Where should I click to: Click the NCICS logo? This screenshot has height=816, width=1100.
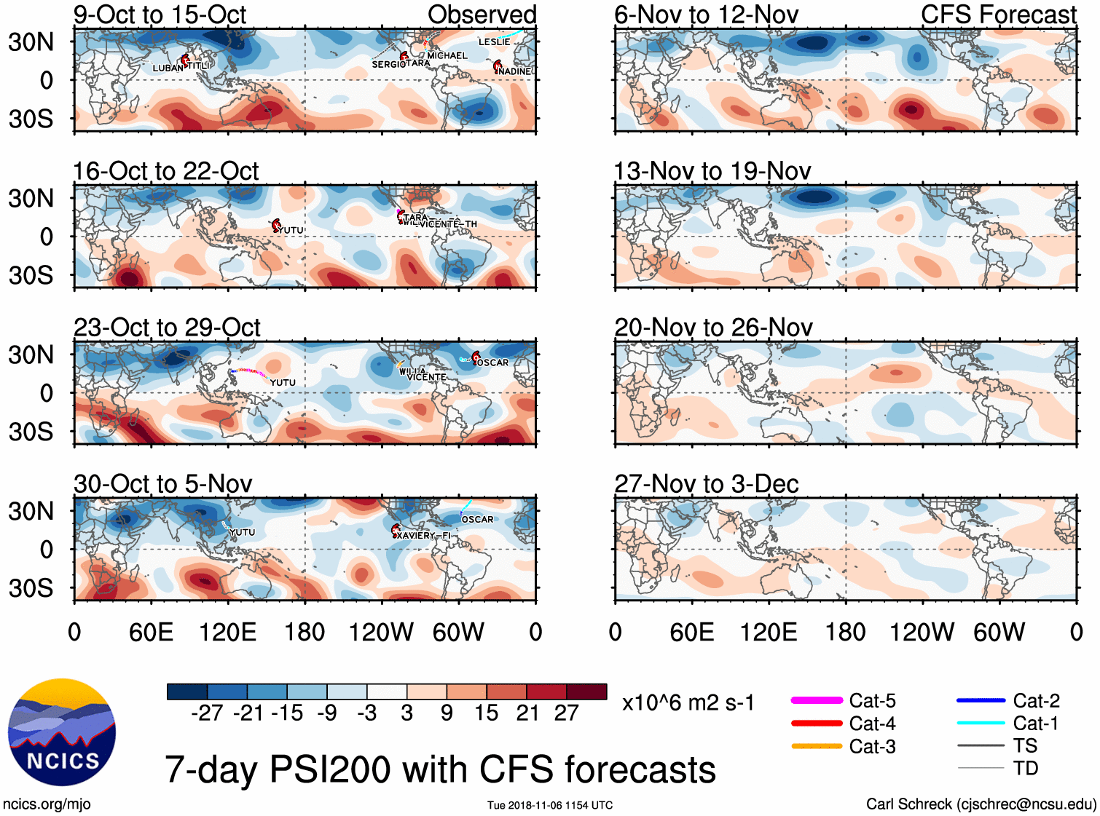coord(62,732)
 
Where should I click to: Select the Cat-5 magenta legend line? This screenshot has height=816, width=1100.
coord(817,700)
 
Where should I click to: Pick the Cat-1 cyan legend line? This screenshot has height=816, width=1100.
coord(981,723)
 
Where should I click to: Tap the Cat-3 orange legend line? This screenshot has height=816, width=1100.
coord(817,746)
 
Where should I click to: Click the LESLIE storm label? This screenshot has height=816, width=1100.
coord(494,42)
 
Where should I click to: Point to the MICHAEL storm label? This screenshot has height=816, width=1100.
coord(447,56)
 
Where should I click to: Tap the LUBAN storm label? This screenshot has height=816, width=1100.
coord(168,68)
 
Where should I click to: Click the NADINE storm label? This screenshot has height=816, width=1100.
coord(515,71)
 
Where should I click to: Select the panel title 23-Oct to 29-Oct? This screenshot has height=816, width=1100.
coord(167,328)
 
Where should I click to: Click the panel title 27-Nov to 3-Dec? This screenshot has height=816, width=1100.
coord(707,484)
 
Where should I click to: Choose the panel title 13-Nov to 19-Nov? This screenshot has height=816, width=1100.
coord(712,171)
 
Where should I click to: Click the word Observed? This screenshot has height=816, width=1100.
coord(482,15)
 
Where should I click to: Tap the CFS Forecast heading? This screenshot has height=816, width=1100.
coord(998,15)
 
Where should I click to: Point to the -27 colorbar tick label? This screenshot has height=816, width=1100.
coord(207,713)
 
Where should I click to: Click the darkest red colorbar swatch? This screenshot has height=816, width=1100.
coord(586,692)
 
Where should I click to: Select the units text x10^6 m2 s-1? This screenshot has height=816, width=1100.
coord(688,702)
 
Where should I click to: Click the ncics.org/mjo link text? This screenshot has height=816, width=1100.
coord(47,804)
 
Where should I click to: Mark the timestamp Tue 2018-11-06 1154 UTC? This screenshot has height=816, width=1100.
coord(550,805)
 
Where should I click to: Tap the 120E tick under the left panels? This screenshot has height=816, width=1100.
coord(227,632)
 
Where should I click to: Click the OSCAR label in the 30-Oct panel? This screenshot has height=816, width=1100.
coord(477,520)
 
